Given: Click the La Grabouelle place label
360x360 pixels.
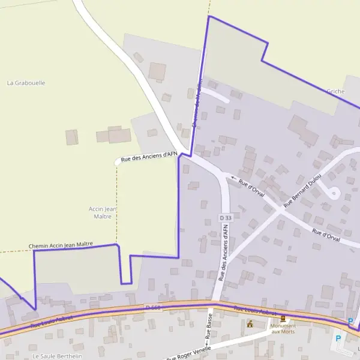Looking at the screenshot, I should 26,83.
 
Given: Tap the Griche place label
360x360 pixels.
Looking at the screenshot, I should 335,91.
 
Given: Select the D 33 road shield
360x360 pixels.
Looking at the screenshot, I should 225,217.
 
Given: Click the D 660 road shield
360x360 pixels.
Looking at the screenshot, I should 153,308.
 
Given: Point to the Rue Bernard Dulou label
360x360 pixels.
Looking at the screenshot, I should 302,191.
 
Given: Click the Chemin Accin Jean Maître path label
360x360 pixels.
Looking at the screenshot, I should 61,245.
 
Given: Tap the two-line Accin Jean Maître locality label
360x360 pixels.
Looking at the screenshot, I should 103,212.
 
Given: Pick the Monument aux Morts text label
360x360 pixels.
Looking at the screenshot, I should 283,329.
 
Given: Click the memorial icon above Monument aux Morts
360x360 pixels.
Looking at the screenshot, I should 283,319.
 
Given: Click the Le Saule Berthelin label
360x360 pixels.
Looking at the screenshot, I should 57,356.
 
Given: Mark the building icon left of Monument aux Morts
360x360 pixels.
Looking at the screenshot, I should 250,324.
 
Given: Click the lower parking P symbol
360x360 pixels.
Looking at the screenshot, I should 338,338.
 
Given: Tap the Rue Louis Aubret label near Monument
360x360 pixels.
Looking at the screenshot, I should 255,311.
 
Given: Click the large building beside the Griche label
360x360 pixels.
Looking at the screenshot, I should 303,130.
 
